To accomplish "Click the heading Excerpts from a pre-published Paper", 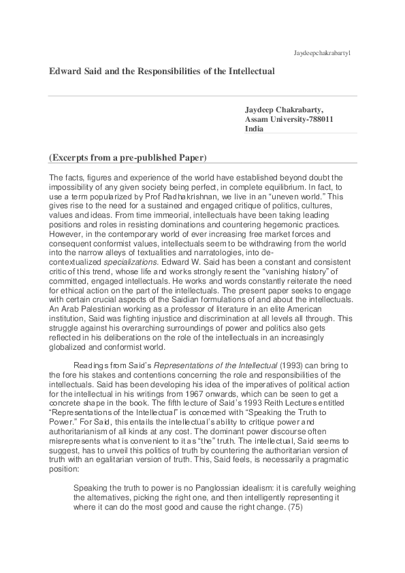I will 127,159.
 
